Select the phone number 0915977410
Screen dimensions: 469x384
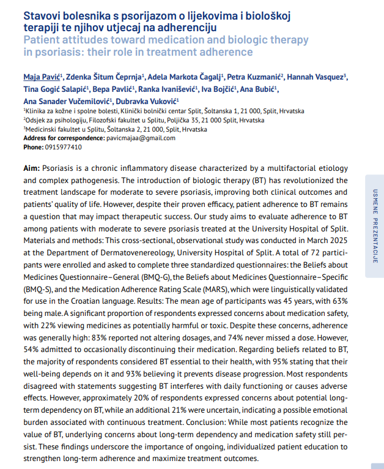[x=63, y=147]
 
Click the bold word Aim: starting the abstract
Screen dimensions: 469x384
[x=32, y=168]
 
